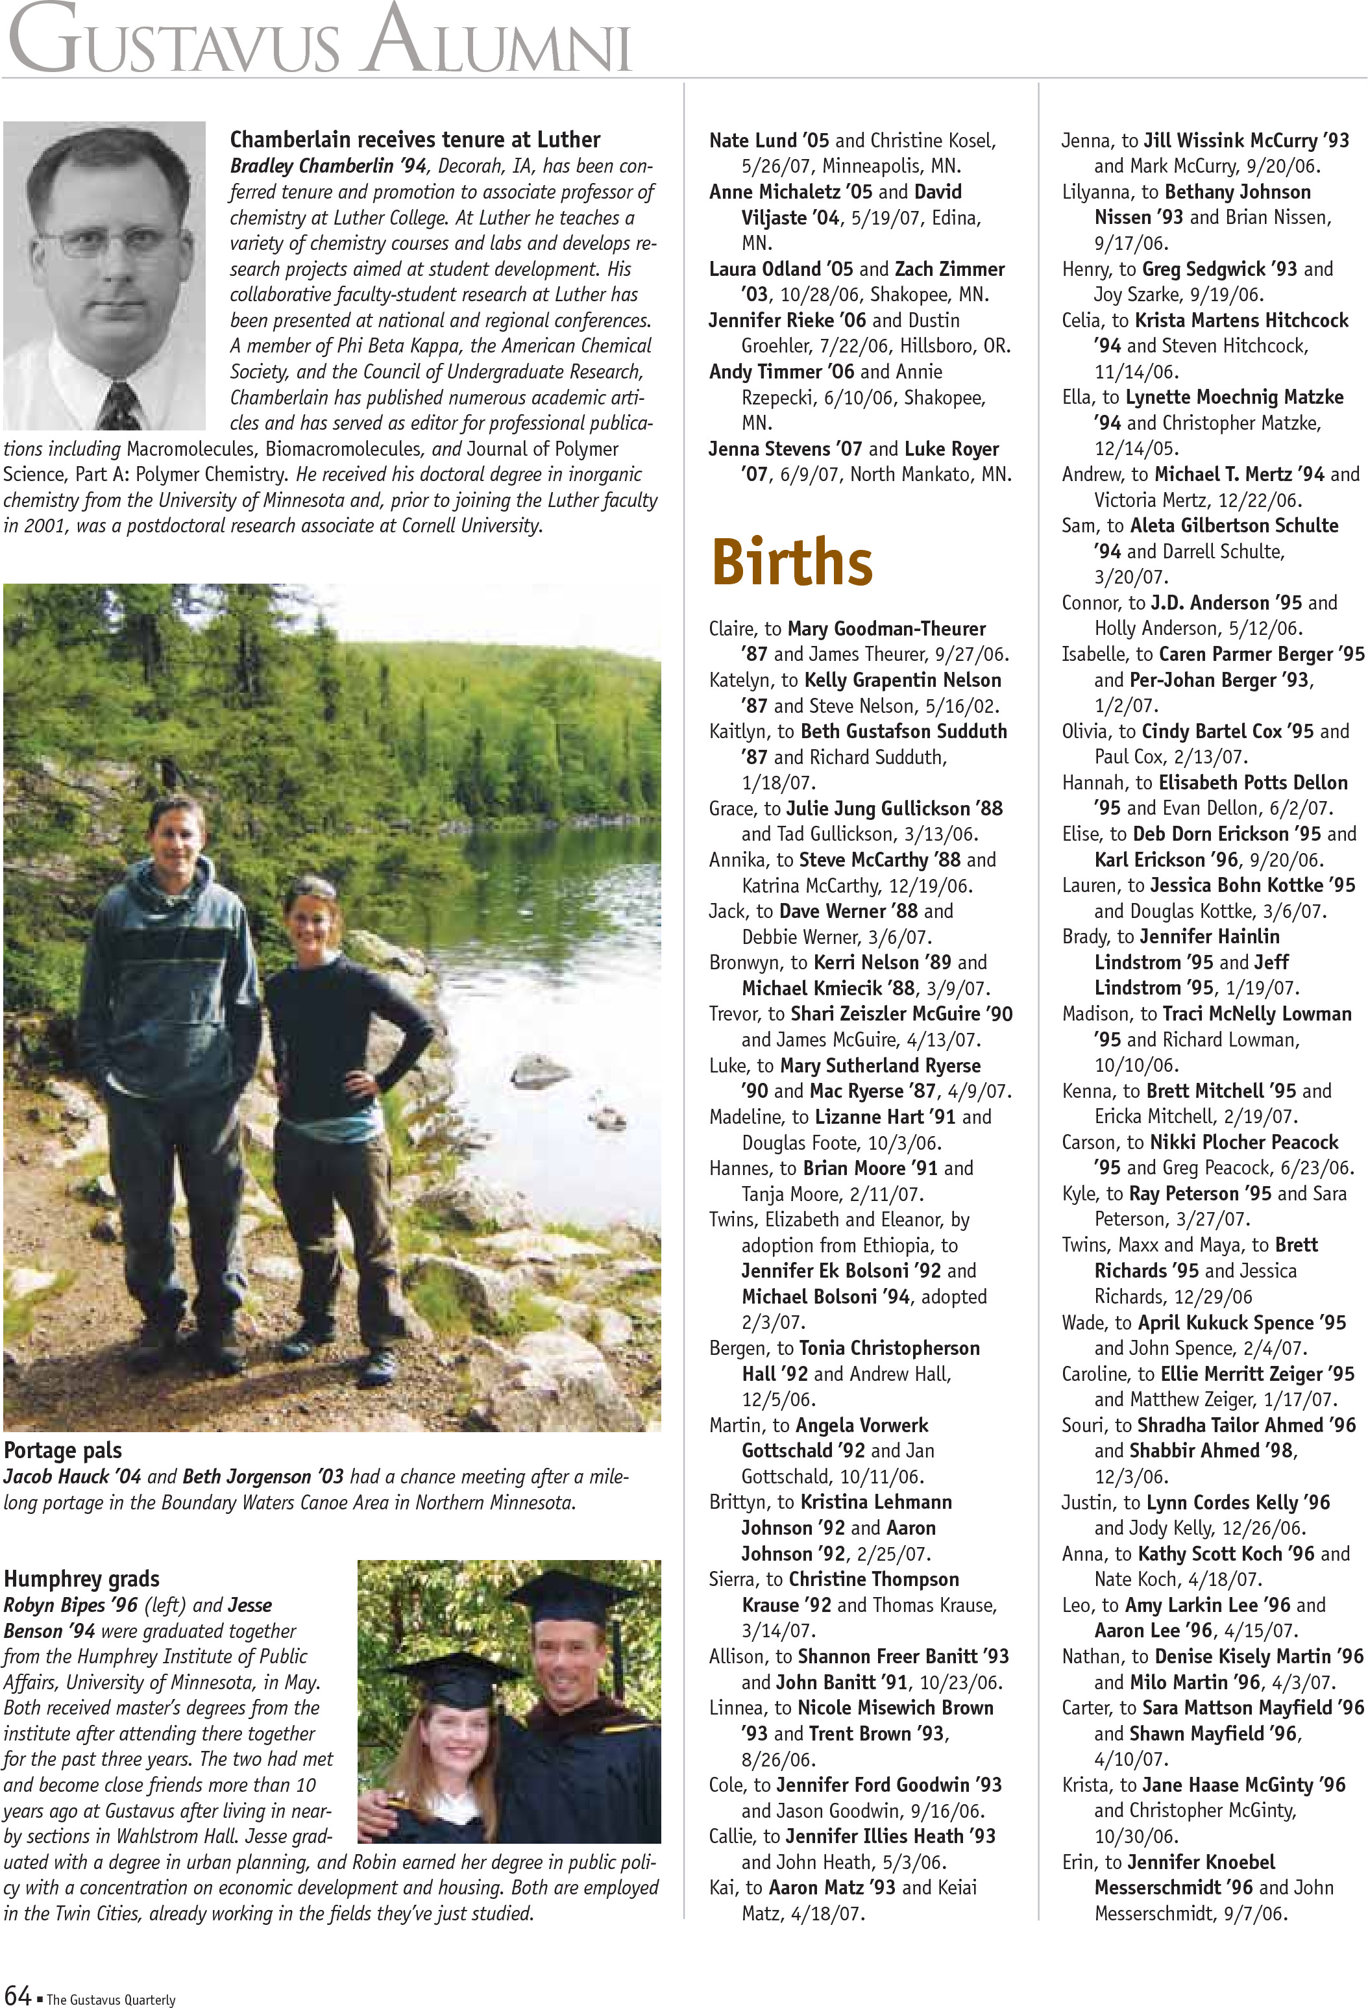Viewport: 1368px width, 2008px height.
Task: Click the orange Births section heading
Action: tap(791, 562)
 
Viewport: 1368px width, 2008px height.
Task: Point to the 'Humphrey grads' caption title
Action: tap(82, 1580)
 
